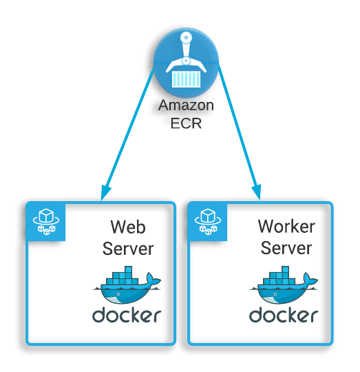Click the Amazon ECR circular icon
click(x=186, y=63)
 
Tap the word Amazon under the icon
click(x=186, y=105)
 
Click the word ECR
click(x=186, y=123)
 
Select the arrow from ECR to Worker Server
click(x=240, y=133)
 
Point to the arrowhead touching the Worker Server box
click(x=257, y=192)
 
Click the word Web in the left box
click(x=128, y=227)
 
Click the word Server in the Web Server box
click(x=128, y=249)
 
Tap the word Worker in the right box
click(x=286, y=227)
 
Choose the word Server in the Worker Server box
click(x=286, y=248)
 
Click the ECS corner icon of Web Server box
click(x=45, y=222)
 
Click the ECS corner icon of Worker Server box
click(x=208, y=222)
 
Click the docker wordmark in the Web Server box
click(x=127, y=315)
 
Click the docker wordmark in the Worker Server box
click(x=284, y=315)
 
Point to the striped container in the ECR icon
click(x=186, y=79)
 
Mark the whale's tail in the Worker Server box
click(x=310, y=279)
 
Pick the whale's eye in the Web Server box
click(x=118, y=294)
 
